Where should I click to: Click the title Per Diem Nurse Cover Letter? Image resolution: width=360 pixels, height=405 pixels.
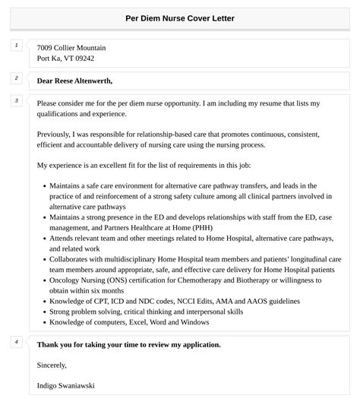(x=180, y=17)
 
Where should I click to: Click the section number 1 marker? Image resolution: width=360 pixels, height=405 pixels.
(x=16, y=46)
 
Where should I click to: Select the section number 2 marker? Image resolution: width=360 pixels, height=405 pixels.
(x=16, y=78)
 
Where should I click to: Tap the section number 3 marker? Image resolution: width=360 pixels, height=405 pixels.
(x=16, y=100)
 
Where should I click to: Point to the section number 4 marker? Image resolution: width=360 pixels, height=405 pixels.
(x=16, y=342)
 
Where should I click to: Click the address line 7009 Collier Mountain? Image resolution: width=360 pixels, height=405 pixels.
(x=71, y=47)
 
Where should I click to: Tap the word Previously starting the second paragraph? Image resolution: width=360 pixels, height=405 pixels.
(x=58, y=133)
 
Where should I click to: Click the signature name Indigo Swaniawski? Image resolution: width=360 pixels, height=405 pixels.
(x=66, y=386)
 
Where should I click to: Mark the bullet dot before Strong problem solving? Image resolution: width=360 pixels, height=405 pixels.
(x=44, y=312)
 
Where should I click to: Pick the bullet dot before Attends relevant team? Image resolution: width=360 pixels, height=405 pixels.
(x=44, y=238)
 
